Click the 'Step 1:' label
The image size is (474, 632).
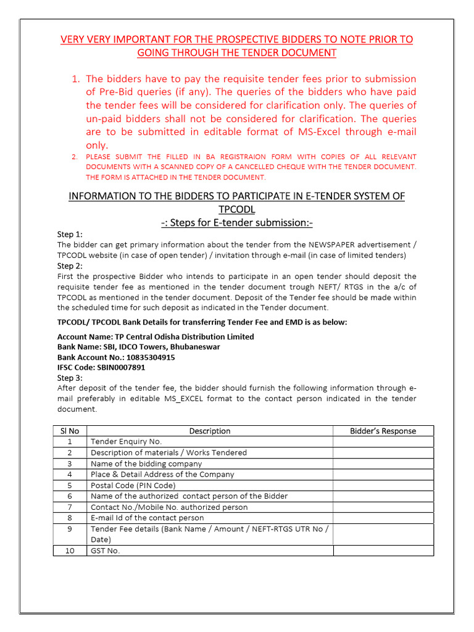(70, 235)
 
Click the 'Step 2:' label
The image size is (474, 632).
(70, 266)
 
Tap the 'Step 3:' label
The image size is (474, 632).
(70, 378)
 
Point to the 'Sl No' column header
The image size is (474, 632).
(69, 431)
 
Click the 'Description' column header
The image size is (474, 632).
(209, 431)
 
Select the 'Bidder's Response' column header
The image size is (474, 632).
(383, 431)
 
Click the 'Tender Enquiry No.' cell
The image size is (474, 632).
(126, 441)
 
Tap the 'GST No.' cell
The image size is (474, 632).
(105, 551)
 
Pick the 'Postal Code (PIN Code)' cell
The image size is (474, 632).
(133, 485)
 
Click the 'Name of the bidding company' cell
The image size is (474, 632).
(146, 464)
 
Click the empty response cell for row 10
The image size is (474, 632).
(383, 551)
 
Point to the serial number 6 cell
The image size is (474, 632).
(70, 496)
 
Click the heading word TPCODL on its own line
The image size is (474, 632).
(236, 209)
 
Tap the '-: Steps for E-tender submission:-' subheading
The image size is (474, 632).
(236, 223)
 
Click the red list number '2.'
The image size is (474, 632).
(75, 157)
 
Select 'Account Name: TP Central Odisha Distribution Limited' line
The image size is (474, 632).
(156, 337)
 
